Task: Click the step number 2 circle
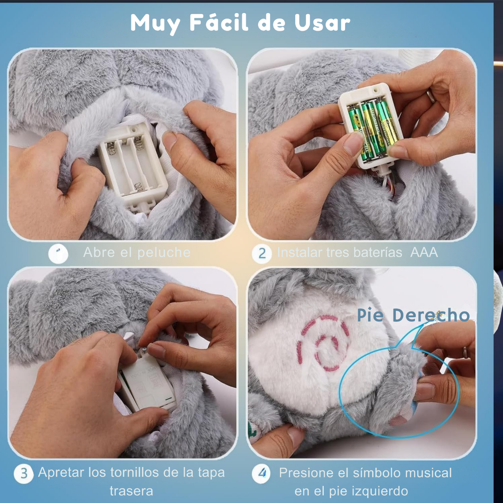pos(262,253)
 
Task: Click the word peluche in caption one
pos(164,253)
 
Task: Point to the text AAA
pos(424,252)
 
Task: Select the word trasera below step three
pos(131,491)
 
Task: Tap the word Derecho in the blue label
pos(431,315)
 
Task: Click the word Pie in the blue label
pos(371,315)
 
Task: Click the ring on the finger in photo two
pos(432,96)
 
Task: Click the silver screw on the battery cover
pos(145,349)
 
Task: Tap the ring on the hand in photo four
pos(465,353)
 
